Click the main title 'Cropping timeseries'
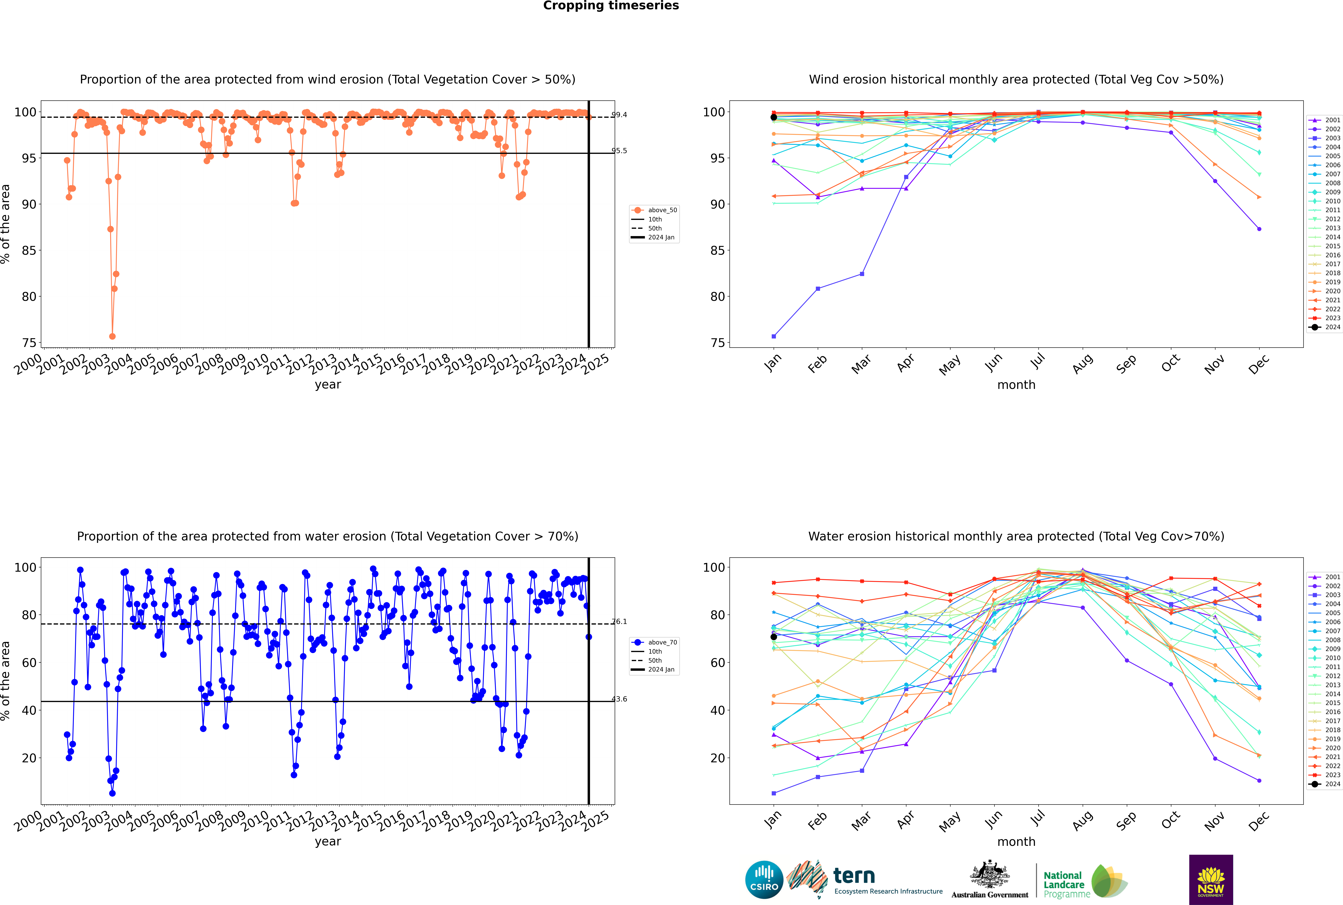(x=611, y=6)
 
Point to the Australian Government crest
(x=990, y=874)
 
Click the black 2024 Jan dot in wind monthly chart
(x=774, y=117)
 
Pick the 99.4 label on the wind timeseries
(x=620, y=115)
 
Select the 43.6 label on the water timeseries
(x=620, y=699)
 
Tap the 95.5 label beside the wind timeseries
(x=620, y=151)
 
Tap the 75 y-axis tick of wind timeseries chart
(x=29, y=343)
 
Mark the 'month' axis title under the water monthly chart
(x=1016, y=842)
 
